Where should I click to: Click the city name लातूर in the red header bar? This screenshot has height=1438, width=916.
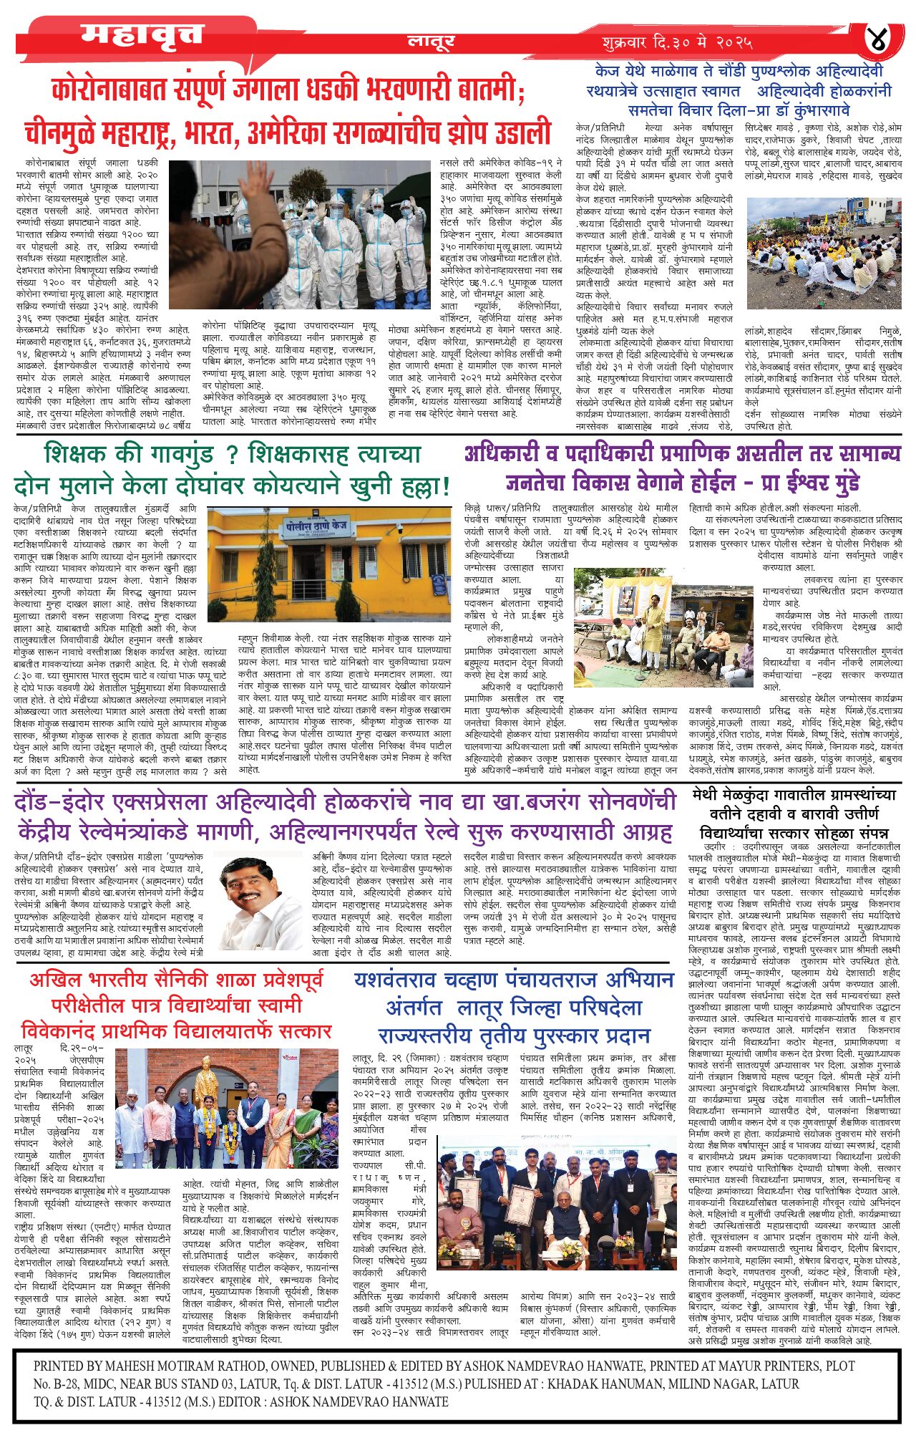click(431, 42)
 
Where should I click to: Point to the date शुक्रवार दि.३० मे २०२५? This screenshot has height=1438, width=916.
click(676, 42)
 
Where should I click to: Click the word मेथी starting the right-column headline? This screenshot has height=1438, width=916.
click(710, 796)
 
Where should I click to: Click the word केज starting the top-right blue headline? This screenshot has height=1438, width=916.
click(606, 72)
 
